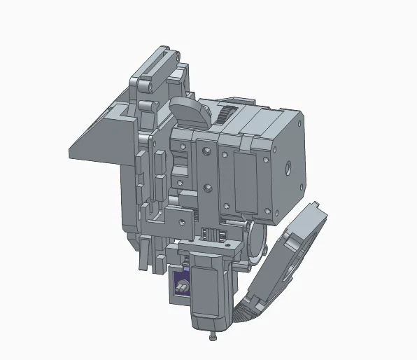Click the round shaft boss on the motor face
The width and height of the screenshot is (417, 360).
click(288, 168)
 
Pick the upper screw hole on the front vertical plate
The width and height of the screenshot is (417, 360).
click(207, 149)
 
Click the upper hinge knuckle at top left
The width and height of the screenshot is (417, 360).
click(144, 85)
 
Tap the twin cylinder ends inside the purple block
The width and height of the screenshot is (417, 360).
click(182, 288)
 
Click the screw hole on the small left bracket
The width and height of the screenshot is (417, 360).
click(183, 223)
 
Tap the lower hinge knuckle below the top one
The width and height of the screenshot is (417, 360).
click(145, 106)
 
